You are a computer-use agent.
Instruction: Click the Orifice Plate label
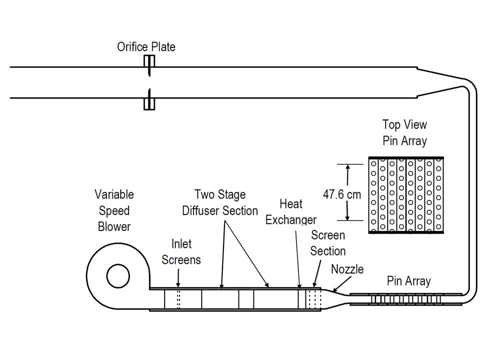146,47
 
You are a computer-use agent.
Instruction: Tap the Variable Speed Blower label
114,210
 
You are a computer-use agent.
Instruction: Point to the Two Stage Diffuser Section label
220,202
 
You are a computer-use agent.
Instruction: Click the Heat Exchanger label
290,211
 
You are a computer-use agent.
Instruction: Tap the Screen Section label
327,242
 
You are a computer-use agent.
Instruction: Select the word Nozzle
347,269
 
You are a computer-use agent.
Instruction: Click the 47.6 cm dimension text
342,194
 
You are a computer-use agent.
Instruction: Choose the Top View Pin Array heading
404,132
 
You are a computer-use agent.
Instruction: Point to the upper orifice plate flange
149,61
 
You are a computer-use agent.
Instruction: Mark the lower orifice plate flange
149,103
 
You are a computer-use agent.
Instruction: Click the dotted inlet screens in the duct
178,299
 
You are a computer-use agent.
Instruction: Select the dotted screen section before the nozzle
313,299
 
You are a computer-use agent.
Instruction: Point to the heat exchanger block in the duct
302,299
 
